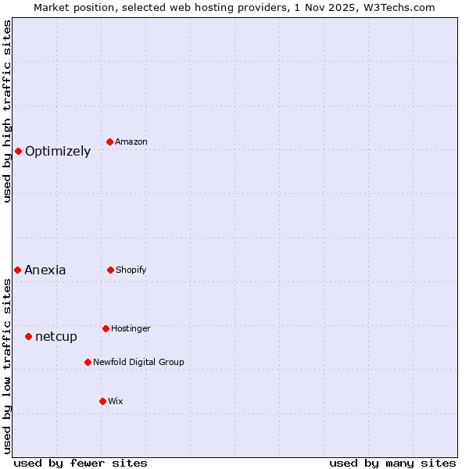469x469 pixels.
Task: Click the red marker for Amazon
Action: click(x=110, y=141)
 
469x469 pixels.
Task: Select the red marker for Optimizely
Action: click(x=18, y=151)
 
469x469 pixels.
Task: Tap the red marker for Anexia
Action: click(x=17, y=270)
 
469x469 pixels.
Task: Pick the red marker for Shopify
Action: click(x=110, y=270)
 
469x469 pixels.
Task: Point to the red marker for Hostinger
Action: click(x=106, y=328)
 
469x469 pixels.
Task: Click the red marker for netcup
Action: click(x=28, y=336)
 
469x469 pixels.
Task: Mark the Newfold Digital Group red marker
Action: click(x=88, y=362)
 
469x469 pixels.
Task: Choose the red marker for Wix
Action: click(x=102, y=401)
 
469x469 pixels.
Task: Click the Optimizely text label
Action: click(x=58, y=152)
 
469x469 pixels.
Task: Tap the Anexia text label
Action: click(x=45, y=270)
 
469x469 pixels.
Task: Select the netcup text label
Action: click(x=56, y=337)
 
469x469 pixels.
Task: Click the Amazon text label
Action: click(x=131, y=141)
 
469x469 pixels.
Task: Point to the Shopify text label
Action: click(x=131, y=270)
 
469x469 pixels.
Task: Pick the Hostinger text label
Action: click(x=131, y=328)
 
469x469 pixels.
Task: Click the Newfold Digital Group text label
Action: click(x=138, y=362)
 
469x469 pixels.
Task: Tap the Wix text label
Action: click(x=116, y=401)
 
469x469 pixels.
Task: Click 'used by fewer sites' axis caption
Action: click(x=81, y=463)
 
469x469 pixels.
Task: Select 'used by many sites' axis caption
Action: click(x=392, y=463)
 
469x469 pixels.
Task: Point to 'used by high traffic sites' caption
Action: click(x=7, y=111)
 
